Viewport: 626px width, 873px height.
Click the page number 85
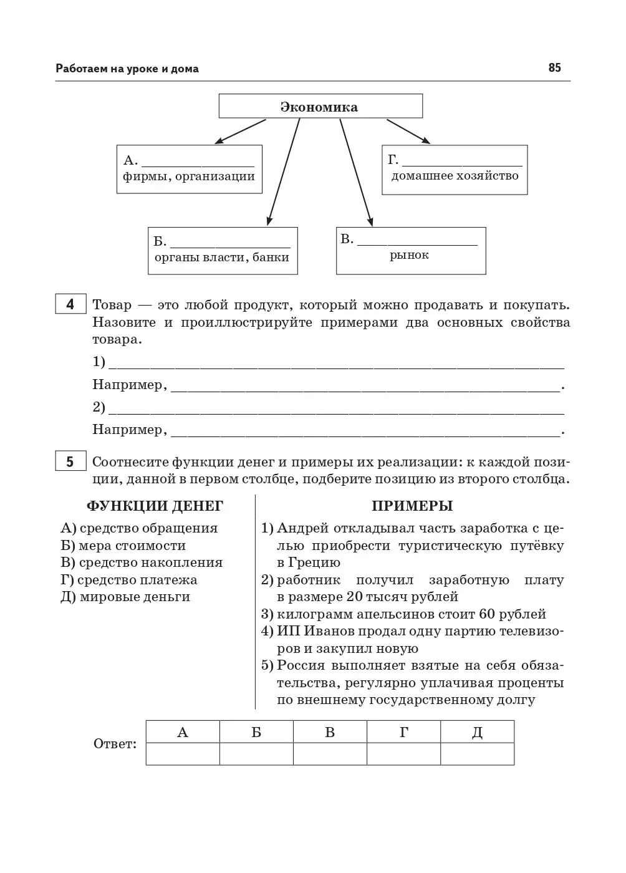tap(554, 68)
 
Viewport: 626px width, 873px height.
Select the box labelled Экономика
tap(320, 107)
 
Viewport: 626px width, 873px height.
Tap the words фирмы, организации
tap(188, 176)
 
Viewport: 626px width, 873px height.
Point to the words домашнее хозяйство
tap(455, 176)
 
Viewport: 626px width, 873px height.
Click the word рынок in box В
tap(409, 255)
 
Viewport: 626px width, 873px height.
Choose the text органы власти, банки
tap(222, 257)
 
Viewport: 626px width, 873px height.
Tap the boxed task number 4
tap(70, 305)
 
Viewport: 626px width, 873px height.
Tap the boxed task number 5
tap(70, 462)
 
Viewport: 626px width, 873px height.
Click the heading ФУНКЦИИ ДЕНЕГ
tap(155, 506)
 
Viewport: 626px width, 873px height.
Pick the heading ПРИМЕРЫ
tap(412, 506)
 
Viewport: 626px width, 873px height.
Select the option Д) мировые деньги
tap(125, 597)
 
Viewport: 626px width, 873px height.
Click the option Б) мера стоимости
tap(123, 546)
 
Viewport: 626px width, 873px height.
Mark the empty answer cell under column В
tap(330, 754)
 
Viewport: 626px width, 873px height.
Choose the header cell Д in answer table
tap(477, 732)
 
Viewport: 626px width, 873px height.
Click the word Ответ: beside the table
tap(115, 744)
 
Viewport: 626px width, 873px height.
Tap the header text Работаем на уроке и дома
tap(127, 69)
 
